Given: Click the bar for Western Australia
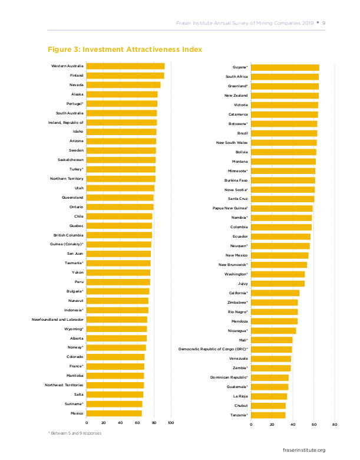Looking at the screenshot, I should pos(125,66).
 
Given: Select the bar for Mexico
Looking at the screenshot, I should pos(114,413).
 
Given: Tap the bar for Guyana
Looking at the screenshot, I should pos(285,68).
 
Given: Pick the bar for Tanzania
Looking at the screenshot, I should pos(268,416).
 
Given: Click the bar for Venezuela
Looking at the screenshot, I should pos(271,359).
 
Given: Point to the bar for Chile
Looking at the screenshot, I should pos(120,216).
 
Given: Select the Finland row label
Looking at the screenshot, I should pos(77,75).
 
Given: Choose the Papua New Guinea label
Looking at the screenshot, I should pos(230,208).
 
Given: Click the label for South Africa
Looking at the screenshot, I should pos(237,77).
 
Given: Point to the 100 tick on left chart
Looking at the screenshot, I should pos(171,423).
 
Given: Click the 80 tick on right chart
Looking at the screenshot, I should pos(335,425).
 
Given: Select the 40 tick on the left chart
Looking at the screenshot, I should pos(120,423).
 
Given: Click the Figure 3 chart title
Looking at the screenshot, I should pos(125,50).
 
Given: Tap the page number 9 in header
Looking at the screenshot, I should pos(325,23).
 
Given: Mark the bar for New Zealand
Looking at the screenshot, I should pos(285,96).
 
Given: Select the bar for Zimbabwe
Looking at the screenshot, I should pos(274,303).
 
